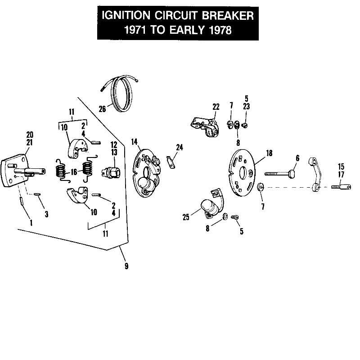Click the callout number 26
tap(102, 108)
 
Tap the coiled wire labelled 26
tap(121, 94)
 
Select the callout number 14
tap(134, 142)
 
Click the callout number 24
tap(180, 147)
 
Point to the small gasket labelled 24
tap(170, 161)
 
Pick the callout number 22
tap(216, 106)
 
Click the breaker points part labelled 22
tap(205, 126)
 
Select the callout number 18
tap(269, 153)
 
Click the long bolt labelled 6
tap(279, 173)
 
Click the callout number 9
tap(126, 266)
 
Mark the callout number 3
tap(46, 214)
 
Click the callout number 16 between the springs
tap(73, 171)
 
